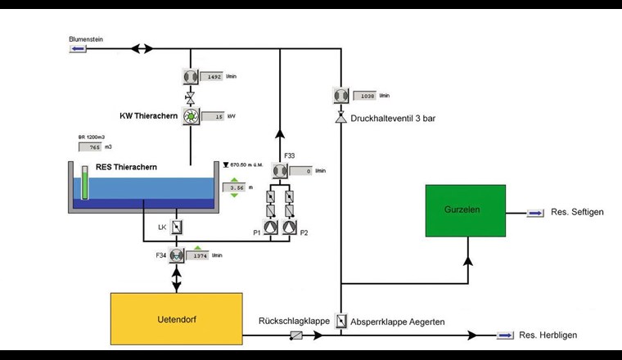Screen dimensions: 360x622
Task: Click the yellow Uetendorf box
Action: tap(176, 319)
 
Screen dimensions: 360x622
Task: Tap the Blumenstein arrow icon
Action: tap(79, 49)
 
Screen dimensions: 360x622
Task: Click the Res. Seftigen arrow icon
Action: tap(534, 213)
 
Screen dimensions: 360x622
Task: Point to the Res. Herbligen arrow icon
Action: tap(506, 335)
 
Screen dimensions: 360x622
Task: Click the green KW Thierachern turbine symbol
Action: tap(190, 117)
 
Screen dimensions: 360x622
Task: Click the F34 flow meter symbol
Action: tap(175, 255)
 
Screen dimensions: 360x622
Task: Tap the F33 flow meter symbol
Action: tap(280, 171)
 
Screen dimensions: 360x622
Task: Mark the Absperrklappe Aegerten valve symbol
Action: tap(340, 322)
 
